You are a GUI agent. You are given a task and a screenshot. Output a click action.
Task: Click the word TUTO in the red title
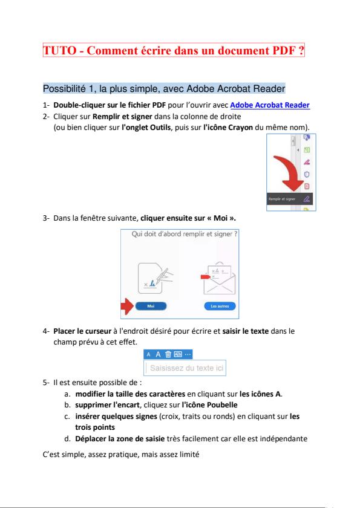[x=60, y=51]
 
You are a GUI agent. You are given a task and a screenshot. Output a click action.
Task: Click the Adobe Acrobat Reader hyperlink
[x=270, y=105]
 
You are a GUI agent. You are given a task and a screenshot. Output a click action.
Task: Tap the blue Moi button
[x=151, y=306]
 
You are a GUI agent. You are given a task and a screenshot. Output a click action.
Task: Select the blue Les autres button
[x=220, y=306]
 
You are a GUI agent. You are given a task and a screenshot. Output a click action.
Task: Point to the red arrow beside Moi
[x=127, y=306]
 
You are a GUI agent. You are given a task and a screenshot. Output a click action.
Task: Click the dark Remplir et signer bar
[x=290, y=199]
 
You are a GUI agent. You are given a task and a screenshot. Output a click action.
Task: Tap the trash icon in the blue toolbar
[x=168, y=354]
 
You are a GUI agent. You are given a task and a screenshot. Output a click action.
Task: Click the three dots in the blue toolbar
[x=188, y=354]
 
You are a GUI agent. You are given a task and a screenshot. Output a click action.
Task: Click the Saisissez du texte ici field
[x=185, y=368]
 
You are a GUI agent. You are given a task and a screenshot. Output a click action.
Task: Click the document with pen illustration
[x=155, y=279]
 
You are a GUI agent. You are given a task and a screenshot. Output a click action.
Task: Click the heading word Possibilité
[x=64, y=89]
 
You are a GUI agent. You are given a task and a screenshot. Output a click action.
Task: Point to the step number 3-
[x=46, y=218]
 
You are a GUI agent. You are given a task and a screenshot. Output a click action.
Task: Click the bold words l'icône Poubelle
[x=209, y=405]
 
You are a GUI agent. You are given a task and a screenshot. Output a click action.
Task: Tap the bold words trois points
[x=95, y=427]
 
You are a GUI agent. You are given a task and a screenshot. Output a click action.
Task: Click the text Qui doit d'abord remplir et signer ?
[x=185, y=234]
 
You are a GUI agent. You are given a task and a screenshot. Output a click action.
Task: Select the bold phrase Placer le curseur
[x=82, y=331]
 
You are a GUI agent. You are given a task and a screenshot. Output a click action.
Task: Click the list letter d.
[x=67, y=439]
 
